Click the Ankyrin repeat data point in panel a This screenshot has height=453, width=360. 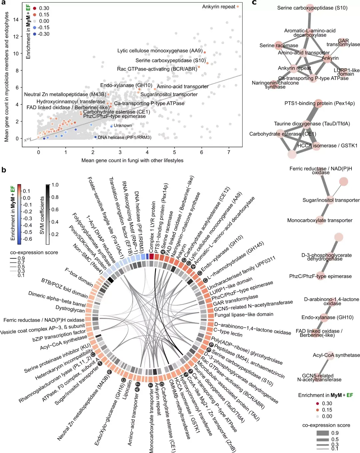coord(238,6)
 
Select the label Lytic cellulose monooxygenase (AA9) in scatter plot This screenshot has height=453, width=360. coord(160,51)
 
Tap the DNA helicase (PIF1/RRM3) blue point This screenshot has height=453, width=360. coord(95,137)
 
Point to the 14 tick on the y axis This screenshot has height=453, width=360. coord(16,19)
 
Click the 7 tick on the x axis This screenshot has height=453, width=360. coord(229,152)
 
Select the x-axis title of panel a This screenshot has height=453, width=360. coord(132,160)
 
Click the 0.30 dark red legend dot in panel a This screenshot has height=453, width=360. coord(35,8)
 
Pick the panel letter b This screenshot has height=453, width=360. coord(4,170)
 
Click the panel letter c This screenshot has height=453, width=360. coord(254,3)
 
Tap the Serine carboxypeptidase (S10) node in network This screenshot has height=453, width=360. coord(310,8)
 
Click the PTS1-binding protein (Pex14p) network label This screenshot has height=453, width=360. coord(319,103)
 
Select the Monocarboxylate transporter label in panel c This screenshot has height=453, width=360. coord(320,220)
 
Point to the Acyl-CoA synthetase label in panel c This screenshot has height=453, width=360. coord(336,355)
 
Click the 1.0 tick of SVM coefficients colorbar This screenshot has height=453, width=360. coord(55,185)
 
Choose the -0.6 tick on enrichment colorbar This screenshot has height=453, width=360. coord(28,239)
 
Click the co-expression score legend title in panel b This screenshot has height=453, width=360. coord(34,252)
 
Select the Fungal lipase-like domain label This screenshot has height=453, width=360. coord(244,314)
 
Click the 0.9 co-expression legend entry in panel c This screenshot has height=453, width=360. coord(335,433)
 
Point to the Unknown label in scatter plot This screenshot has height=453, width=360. coord(123,126)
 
